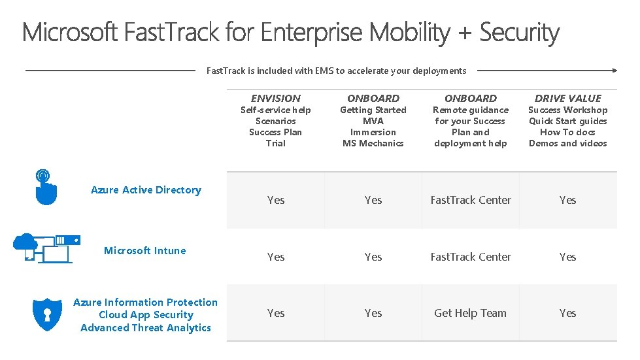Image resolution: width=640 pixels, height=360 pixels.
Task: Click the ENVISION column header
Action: click(276, 98)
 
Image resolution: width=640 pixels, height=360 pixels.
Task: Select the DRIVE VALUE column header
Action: click(567, 98)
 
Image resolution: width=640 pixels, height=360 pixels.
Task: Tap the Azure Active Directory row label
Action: click(146, 190)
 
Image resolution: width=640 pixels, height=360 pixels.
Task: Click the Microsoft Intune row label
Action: click(145, 251)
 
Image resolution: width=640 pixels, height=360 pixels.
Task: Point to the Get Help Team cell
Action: click(470, 313)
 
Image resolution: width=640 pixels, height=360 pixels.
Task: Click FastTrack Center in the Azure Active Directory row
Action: click(470, 200)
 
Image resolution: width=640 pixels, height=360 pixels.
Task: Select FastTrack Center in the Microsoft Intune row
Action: click(470, 257)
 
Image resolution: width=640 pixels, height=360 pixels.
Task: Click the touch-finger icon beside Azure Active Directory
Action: click(44, 187)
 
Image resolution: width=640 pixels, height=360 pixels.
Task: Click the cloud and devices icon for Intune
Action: click(46, 248)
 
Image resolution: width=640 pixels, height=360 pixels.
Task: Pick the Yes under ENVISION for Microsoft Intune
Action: click(276, 257)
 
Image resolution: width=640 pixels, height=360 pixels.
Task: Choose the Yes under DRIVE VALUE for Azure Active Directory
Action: click(567, 200)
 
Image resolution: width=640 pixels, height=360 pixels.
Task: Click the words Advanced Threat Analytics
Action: click(146, 328)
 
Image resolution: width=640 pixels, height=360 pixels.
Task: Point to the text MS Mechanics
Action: click(373, 143)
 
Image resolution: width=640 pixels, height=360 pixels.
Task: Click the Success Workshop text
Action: click(567, 110)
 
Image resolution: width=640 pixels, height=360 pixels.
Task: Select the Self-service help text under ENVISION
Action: click(276, 110)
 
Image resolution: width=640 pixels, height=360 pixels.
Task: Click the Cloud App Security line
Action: click(146, 315)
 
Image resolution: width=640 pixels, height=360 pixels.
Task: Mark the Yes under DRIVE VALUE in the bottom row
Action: click(567, 313)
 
